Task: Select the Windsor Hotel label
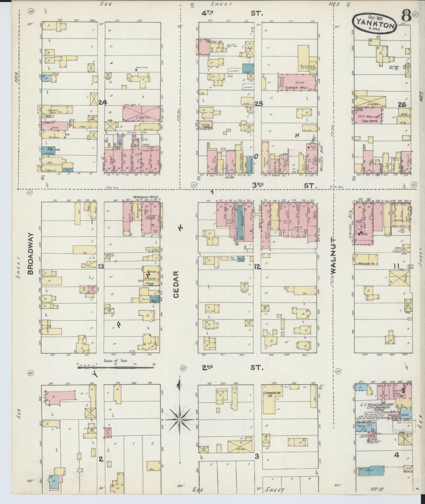[x=146, y=197]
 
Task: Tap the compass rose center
[x=179, y=420]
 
